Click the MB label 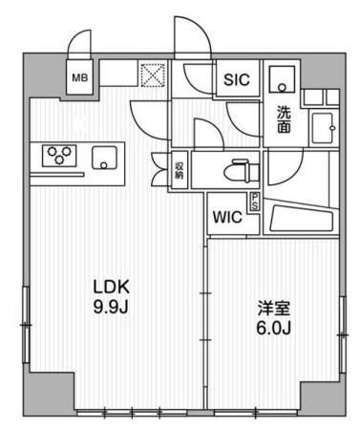79,77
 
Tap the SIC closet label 237,79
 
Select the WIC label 227,217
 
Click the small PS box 255,202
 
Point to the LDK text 111,287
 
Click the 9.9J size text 111,307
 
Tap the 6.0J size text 273,328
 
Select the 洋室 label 274,309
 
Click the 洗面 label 284,119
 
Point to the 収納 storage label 179,170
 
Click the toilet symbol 242,171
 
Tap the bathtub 301,219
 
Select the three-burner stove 59,156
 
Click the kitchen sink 104,158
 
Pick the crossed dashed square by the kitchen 153,75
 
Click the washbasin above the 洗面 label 282,79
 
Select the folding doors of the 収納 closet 159,170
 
